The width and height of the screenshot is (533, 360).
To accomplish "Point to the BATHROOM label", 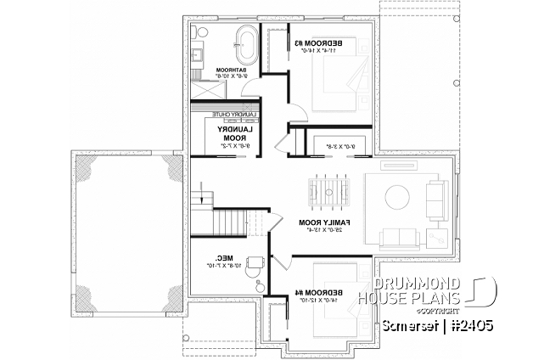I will point(231,70).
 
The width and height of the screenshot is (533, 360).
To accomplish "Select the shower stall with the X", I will point(202,88).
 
